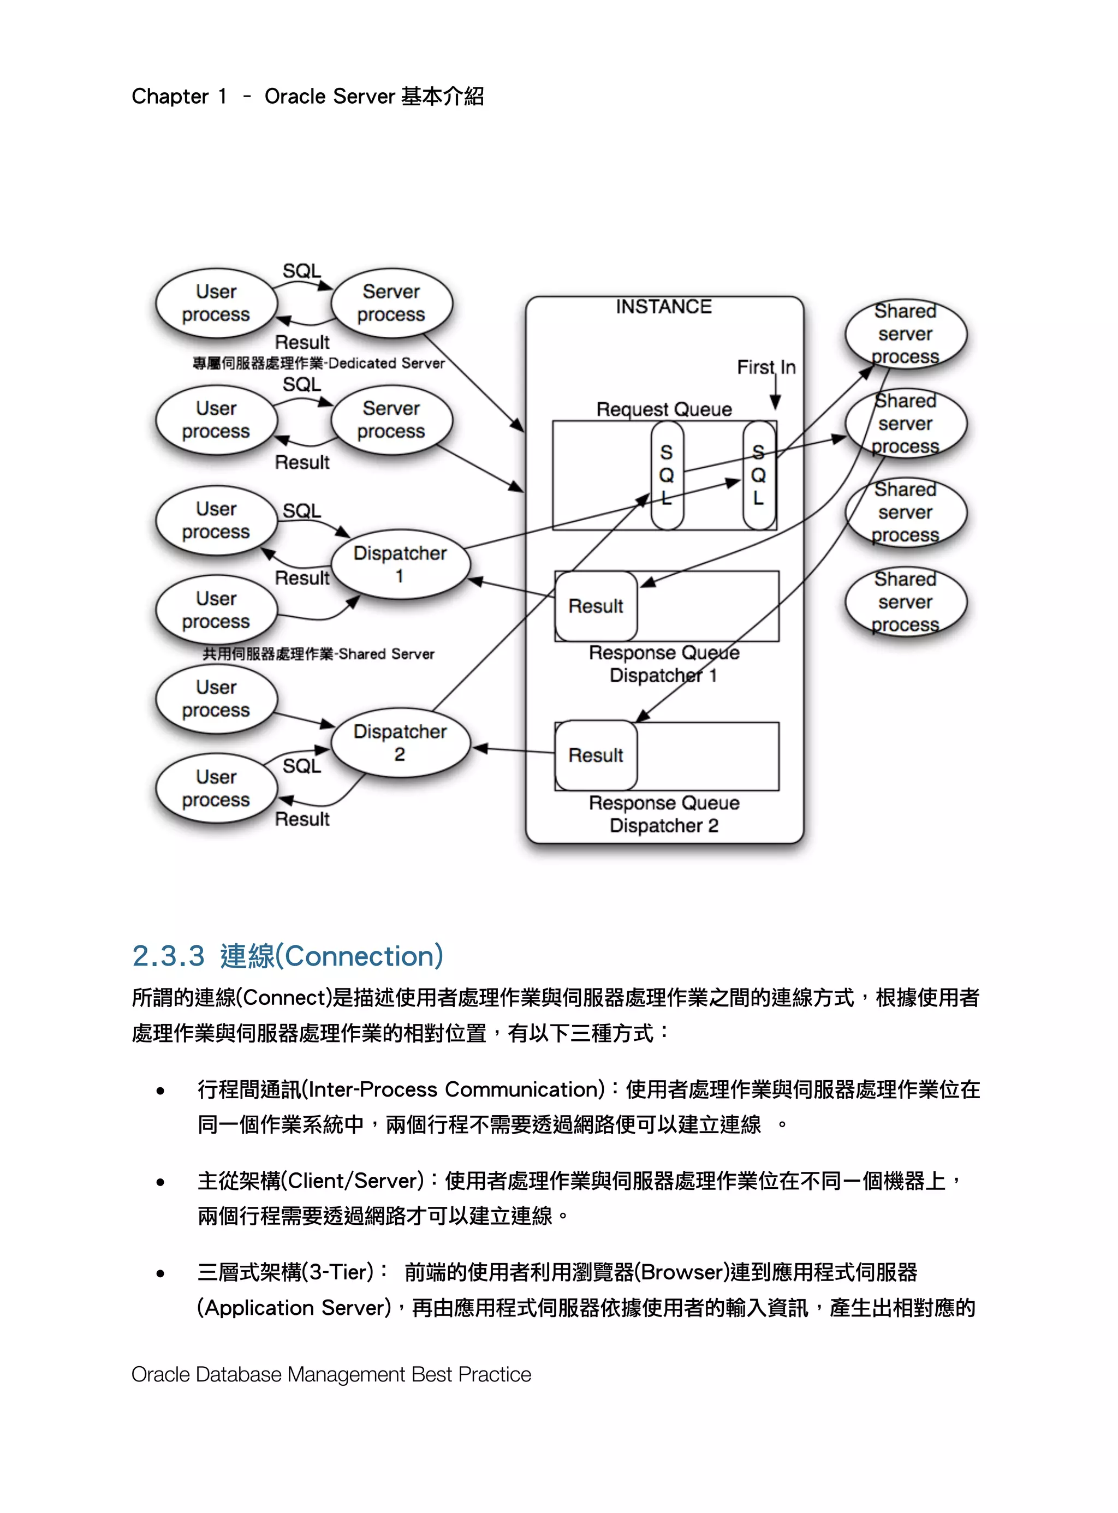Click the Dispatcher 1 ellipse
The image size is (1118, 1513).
(400, 564)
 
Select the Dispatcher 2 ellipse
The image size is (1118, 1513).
(400, 743)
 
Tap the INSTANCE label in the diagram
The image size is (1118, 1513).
(663, 307)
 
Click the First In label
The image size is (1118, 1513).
(766, 367)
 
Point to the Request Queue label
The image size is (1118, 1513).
(664, 409)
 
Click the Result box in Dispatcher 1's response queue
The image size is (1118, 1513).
(596, 606)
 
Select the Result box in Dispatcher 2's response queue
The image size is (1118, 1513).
(596, 755)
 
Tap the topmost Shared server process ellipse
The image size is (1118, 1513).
(906, 333)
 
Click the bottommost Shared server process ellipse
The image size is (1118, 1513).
(906, 601)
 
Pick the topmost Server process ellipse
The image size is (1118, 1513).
(392, 303)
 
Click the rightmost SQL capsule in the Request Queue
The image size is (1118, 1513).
(759, 475)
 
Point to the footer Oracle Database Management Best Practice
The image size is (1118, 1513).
(331, 1374)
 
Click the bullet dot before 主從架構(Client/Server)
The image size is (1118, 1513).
(160, 1183)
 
